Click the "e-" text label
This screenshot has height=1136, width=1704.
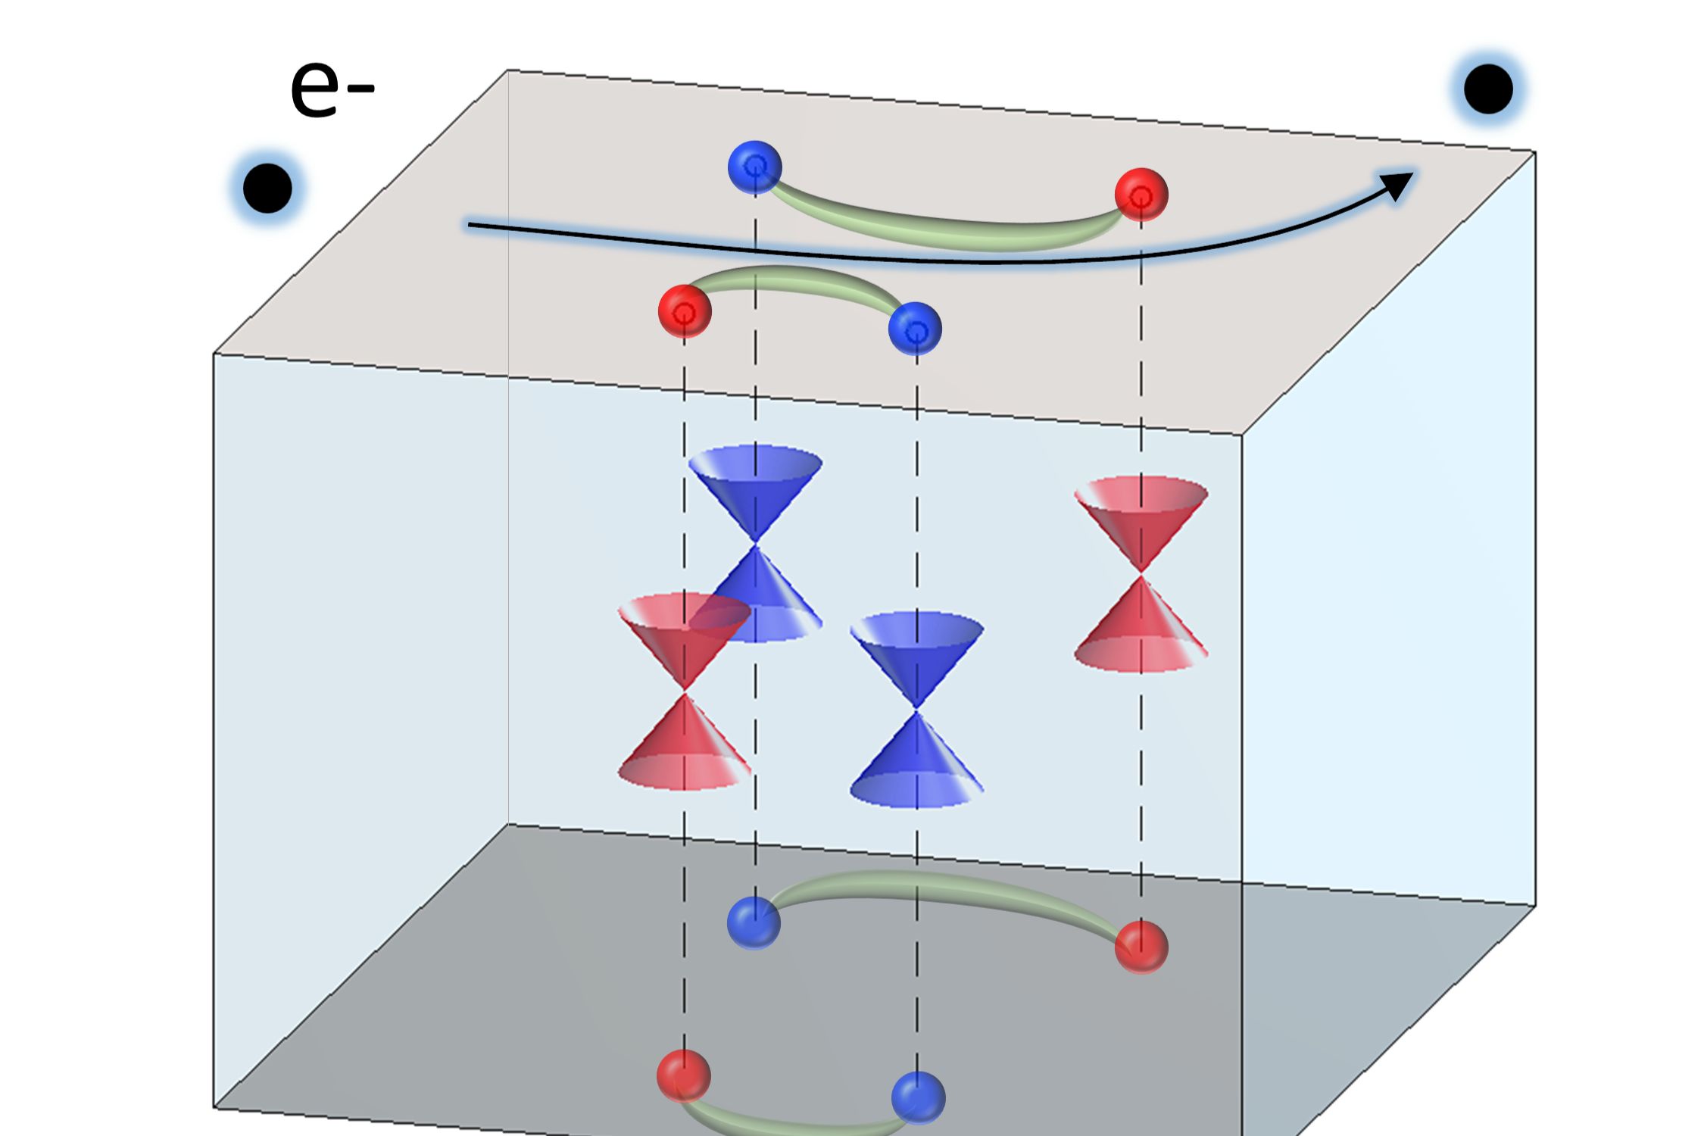pos(332,90)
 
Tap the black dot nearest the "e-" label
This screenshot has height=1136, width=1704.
pos(267,188)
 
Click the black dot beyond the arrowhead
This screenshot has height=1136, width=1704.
pos(1488,89)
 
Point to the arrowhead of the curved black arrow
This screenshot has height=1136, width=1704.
pos(1397,185)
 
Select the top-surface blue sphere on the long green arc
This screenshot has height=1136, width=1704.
pos(754,167)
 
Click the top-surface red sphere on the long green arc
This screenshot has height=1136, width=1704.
pos(1141,195)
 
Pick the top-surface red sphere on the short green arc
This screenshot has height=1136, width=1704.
pos(685,311)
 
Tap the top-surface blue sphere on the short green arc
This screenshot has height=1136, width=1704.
pos(915,329)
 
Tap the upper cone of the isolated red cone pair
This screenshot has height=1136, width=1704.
pos(1141,515)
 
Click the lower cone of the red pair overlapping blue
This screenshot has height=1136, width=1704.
pos(685,746)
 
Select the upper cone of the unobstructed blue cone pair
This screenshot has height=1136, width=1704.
pos(916,651)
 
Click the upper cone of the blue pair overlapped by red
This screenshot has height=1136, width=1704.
pos(755,488)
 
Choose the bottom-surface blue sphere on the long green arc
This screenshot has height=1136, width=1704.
pos(754,922)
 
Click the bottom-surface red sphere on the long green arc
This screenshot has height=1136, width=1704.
pos(1141,946)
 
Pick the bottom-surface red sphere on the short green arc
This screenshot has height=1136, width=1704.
pos(684,1075)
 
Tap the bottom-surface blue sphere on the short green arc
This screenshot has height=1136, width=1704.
pos(918,1097)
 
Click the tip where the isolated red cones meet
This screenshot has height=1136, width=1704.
pos(1141,572)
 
